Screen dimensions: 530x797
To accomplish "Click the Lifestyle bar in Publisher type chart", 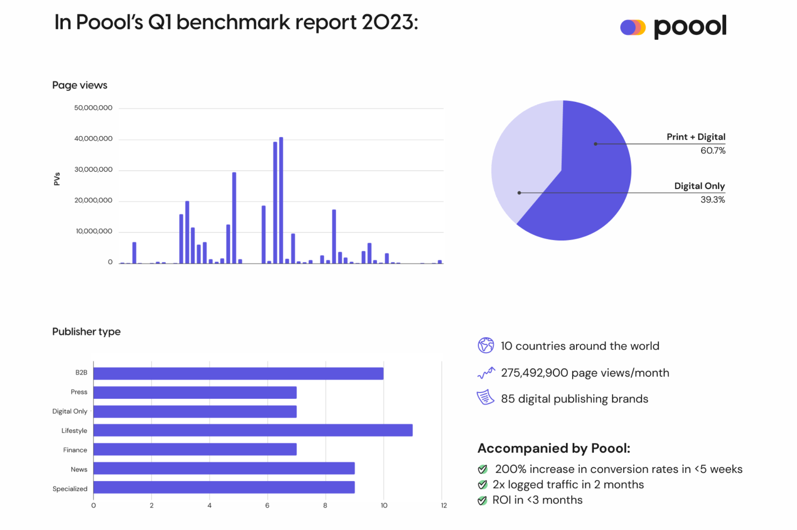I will coord(253,430).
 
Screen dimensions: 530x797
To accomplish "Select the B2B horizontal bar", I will coord(238,373).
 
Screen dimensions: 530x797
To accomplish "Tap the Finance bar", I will coord(195,449).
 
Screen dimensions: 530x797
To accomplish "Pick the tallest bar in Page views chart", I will coord(281,200).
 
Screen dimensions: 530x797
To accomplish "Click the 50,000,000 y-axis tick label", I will coord(93,108).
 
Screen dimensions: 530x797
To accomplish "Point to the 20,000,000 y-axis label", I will coord(93,200).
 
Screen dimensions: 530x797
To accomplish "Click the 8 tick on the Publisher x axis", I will coord(325,505).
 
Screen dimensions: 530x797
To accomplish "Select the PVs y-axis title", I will coord(57,179).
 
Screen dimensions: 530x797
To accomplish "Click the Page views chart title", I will coord(80,85).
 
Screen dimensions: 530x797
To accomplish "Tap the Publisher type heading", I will coord(86,331).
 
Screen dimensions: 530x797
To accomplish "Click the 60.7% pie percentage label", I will coord(712,151).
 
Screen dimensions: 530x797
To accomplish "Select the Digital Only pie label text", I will coord(699,186).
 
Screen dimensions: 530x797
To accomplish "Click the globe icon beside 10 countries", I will coord(485,346).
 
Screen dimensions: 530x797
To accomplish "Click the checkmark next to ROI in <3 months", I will coord(482,500).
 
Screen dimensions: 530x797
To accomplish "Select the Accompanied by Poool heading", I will coord(553,448).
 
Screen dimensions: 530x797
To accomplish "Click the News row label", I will coord(79,469).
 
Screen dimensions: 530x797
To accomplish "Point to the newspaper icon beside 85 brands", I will coord(485,397).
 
